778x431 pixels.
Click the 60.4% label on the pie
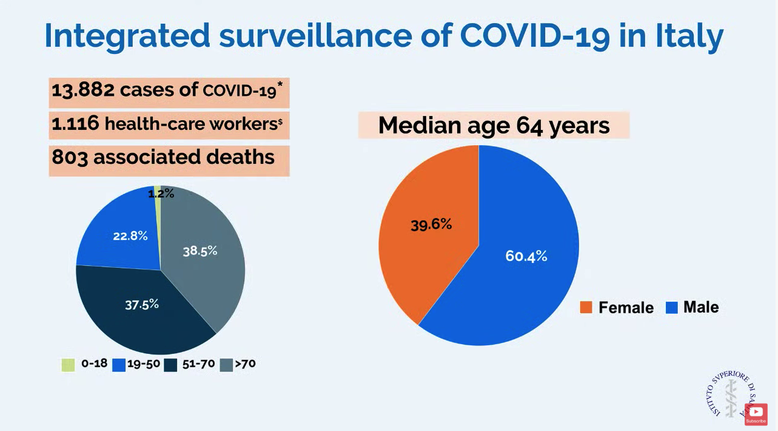click(526, 256)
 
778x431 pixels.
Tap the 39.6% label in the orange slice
click(431, 224)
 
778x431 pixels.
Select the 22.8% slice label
click(130, 236)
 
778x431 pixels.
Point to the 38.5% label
click(200, 251)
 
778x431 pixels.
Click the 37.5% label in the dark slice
click(142, 304)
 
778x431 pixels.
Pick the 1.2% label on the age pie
click(161, 194)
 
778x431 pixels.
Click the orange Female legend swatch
click(586, 308)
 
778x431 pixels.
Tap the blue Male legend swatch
click(671, 308)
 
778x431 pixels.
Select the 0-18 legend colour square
click(67, 364)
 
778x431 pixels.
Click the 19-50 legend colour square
click(118, 365)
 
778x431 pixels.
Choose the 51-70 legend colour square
click(170, 365)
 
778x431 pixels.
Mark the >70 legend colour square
click(227, 365)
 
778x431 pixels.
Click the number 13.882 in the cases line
click(83, 90)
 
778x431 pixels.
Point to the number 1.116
click(75, 124)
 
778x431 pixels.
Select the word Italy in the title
click(688, 35)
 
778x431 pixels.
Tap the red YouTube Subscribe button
click(756, 415)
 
